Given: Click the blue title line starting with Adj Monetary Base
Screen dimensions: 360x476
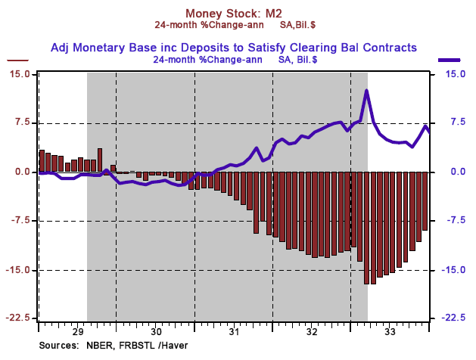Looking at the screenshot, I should point(234,47).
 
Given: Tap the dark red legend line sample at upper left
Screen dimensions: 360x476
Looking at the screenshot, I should point(17,60).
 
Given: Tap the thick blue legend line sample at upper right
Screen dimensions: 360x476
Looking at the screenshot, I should point(450,60).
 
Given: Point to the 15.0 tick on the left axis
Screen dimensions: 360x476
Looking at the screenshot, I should point(20,74).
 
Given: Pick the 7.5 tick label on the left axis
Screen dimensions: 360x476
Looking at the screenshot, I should point(21,123).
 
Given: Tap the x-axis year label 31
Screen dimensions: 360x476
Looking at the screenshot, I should point(234,331).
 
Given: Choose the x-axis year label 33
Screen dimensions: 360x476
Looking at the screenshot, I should point(390,331).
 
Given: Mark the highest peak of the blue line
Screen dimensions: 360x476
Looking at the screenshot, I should point(367,91).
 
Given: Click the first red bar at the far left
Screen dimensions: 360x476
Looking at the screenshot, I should point(42,160).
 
